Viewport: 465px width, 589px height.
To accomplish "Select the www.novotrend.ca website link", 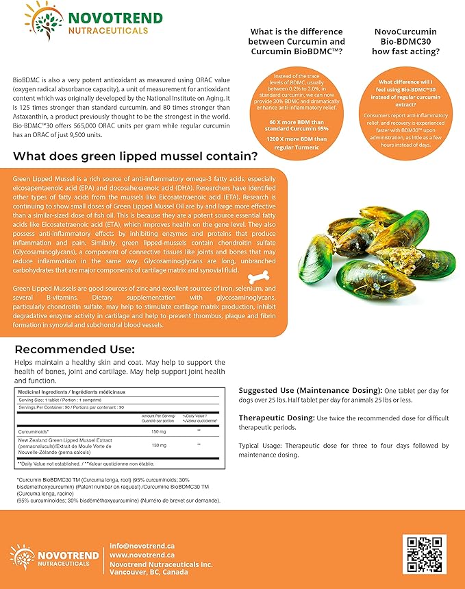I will pyautogui.click(x=142, y=555).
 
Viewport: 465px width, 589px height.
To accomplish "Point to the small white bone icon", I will pyautogui.click(x=260, y=276).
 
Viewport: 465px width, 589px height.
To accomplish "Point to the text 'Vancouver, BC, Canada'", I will pyautogui.click(x=152, y=573).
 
